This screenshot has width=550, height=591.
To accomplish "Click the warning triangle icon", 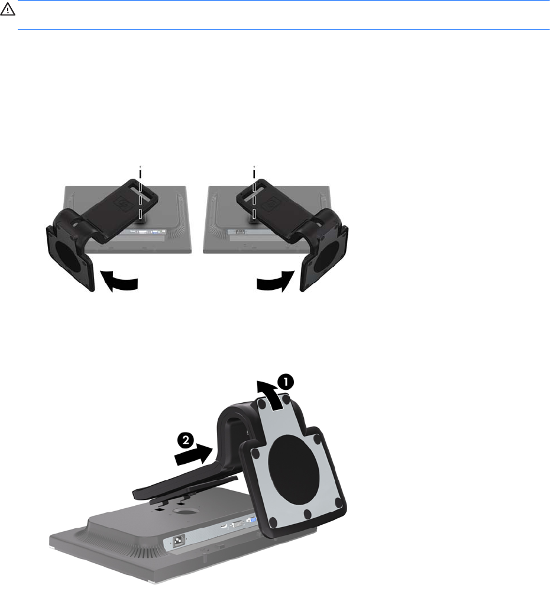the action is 8,10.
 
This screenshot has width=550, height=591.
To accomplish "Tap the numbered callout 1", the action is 286,382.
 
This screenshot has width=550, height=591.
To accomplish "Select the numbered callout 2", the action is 186,441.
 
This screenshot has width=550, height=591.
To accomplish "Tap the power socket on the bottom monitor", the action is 179,542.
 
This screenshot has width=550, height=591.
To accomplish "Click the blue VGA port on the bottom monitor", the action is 250,520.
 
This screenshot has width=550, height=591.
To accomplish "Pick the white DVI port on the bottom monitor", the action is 237,524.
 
